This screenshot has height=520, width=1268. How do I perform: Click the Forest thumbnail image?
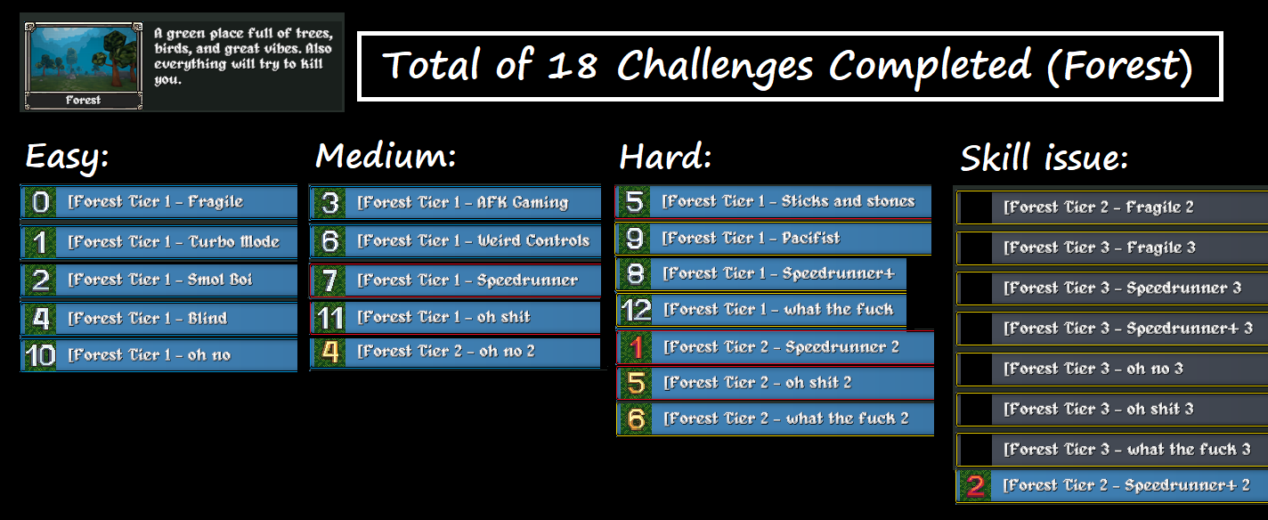coord(83,66)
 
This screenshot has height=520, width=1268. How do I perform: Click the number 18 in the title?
coord(573,65)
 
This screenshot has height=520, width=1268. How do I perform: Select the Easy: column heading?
coord(67,157)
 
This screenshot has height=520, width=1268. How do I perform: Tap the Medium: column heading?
coord(386,156)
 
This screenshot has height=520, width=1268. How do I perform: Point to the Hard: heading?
coord(665,156)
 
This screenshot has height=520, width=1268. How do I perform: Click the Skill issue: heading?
coord(1044,158)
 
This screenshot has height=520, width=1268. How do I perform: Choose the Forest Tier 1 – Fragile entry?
coord(159,201)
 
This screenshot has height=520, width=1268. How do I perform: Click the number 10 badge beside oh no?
coord(39,355)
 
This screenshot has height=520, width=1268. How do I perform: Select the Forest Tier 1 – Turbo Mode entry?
coord(159,241)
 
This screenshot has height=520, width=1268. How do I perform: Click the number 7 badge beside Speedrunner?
coord(329,280)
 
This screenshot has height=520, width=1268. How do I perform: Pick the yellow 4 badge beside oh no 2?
coord(329,352)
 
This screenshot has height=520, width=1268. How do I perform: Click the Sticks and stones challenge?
coord(773,201)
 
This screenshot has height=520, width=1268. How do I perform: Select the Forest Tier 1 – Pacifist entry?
coord(773,239)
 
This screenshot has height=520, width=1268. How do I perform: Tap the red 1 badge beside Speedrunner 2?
coord(636,347)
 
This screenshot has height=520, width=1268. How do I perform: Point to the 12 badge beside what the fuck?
coord(636,310)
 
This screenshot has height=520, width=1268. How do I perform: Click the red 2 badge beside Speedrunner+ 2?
coord(975,485)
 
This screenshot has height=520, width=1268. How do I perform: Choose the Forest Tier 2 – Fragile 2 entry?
coord(1112,207)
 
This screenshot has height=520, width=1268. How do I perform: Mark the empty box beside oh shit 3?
coord(976,409)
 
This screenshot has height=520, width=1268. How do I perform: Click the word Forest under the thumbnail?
coord(83,100)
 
